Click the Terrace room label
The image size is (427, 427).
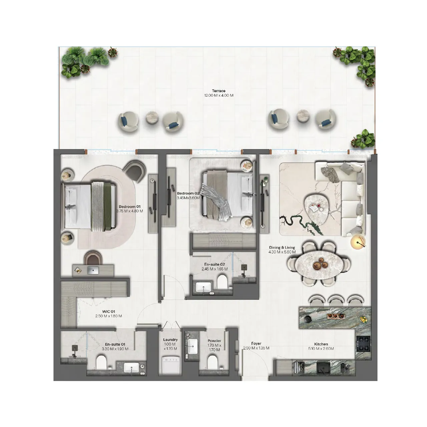pyautogui.click(x=219, y=91)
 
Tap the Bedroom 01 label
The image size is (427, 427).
pyautogui.click(x=129, y=207)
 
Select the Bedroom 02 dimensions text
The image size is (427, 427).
pyautogui.click(x=188, y=198)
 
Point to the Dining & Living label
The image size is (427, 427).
pyautogui.click(x=282, y=248)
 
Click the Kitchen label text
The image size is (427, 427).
pyautogui.click(x=321, y=344)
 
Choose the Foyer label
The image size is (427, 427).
pyautogui.click(x=256, y=343)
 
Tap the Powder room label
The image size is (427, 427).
pyautogui.click(x=214, y=341)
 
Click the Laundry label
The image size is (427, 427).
pyautogui.click(x=170, y=340)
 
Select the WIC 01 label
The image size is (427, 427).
pyautogui.click(x=108, y=312)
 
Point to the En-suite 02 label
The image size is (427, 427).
pyautogui.click(x=215, y=264)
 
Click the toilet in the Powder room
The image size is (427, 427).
pyautogui.click(x=212, y=362)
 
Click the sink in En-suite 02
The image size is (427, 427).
pyautogui.click(x=203, y=287)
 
